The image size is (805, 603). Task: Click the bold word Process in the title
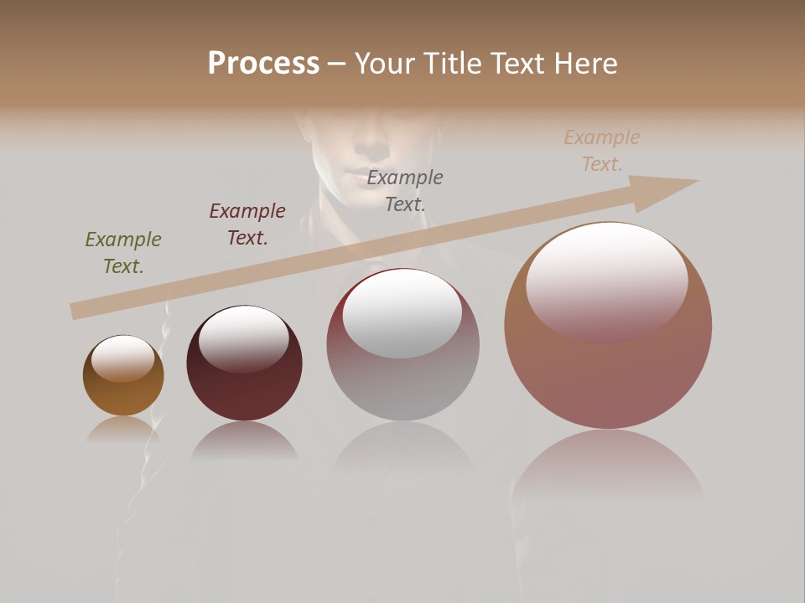[263, 64]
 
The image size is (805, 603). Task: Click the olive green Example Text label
[123, 253]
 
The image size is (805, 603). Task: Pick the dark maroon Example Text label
[247, 224]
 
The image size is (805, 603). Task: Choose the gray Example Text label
[405, 190]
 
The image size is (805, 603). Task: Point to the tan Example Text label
[601, 151]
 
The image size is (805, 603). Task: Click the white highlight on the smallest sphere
[123, 358]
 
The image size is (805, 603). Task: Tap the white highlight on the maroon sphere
[244, 338]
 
